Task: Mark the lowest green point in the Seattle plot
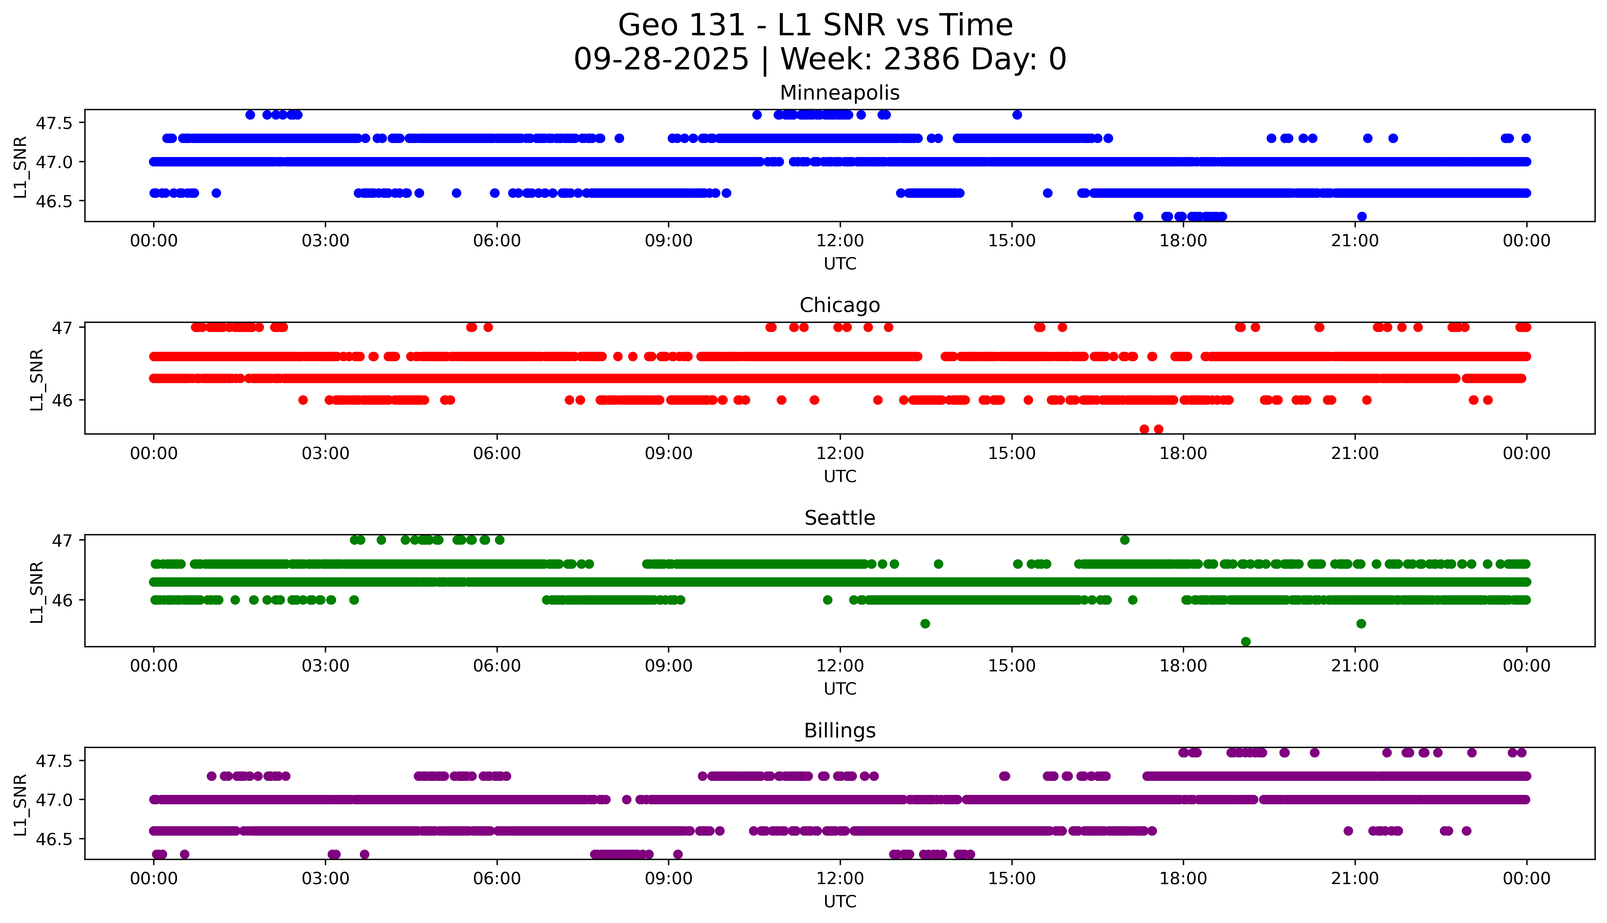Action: click(x=1246, y=642)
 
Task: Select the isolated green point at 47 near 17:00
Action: click(x=1124, y=540)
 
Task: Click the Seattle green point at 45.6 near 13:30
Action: click(x=925, y=624)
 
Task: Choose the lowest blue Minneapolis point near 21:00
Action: click(x=1362, y=217)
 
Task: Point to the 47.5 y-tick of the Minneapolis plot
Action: click(x=55, y=123)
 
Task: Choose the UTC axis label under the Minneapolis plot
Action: click(x=840, y=264)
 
